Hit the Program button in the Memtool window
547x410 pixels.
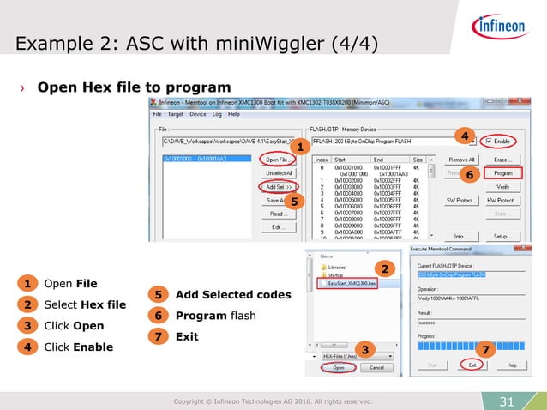click(x=503, y=172)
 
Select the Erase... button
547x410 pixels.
click(x=503, y=160)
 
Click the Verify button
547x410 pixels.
click(x=503, y=186)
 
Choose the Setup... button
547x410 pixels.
click(x=503, y=236)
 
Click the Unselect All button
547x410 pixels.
click(x=277, y=172)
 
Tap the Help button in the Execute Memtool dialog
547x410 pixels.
click(x=511, y=365)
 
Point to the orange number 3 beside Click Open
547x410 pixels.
click(x=27, y=326)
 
